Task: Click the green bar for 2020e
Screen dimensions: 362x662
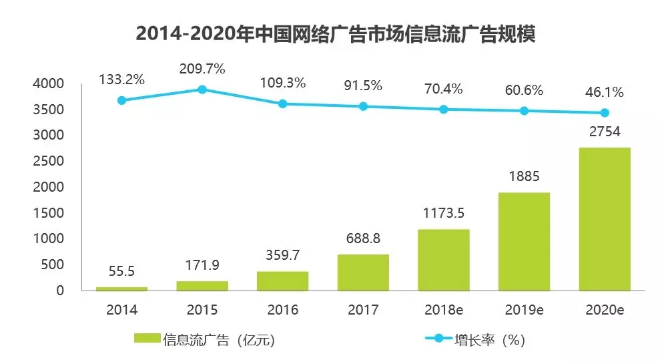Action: click(x=605, y=219)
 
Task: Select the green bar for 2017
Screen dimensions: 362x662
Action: click(x=363, y=273)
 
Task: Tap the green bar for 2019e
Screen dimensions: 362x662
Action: click(x=524, y=242)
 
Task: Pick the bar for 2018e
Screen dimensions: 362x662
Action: click(x=444, y=260)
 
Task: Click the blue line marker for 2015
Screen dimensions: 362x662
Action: click(x=202, y=89)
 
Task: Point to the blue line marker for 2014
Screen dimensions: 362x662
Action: click(x=121, y=100)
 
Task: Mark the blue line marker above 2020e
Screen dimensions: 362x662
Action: click(x=605, y=113)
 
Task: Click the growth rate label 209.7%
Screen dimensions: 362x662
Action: click(x=202, y=68)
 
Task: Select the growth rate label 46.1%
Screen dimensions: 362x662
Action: click(x=605, y=92)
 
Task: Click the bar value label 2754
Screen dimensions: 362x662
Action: click(x=605, y=131)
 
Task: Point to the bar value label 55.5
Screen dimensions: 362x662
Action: click(x=121, y=272)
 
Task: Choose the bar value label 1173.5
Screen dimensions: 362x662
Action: click(x=444, y=213)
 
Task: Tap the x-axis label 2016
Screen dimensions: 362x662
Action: click(x=282, y=311)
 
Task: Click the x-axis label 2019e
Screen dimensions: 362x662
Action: click(x=524, y=311)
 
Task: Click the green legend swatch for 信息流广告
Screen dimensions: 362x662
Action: click(x=147, y=339)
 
